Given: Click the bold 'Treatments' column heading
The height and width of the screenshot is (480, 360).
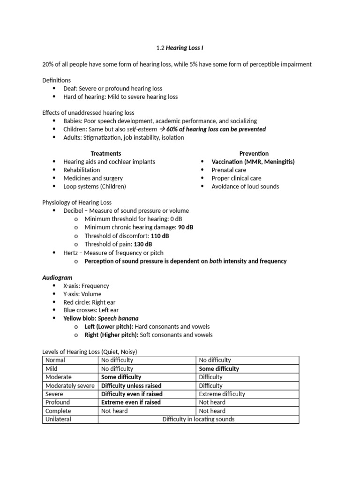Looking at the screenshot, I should click(105, 153).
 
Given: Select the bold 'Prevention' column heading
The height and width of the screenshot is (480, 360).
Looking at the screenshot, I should click(254, 153).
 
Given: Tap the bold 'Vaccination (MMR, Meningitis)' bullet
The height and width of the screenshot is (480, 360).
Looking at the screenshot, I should click(253, 162).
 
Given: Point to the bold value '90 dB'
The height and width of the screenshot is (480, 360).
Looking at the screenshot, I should click(186, 227).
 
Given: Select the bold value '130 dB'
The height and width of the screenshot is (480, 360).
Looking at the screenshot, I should click(142, 244).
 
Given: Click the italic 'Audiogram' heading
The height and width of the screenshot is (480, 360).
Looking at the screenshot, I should click(57, 277).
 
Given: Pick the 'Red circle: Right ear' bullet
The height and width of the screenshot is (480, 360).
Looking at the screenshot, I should click(89, 302).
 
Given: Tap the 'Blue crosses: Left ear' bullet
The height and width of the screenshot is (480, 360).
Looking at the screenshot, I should click(91, 310).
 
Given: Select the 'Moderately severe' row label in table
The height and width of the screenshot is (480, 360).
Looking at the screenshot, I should click(69, 385).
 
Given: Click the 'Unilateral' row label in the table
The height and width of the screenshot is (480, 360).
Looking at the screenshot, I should click(59, 419).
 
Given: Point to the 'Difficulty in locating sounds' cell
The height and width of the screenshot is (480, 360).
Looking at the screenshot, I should click(198, 419).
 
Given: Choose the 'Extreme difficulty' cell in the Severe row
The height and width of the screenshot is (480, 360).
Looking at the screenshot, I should click(222, 394).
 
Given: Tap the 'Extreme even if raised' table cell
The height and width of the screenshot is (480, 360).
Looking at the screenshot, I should click(131, 402).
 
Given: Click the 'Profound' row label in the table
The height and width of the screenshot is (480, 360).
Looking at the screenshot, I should click(58, 402).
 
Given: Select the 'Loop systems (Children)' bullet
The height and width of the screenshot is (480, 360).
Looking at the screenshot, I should click(95, 187).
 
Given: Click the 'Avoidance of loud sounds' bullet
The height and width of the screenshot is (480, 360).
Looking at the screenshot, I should click(245, 187).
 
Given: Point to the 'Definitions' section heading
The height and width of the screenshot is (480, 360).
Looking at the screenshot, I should click(57, 80).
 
